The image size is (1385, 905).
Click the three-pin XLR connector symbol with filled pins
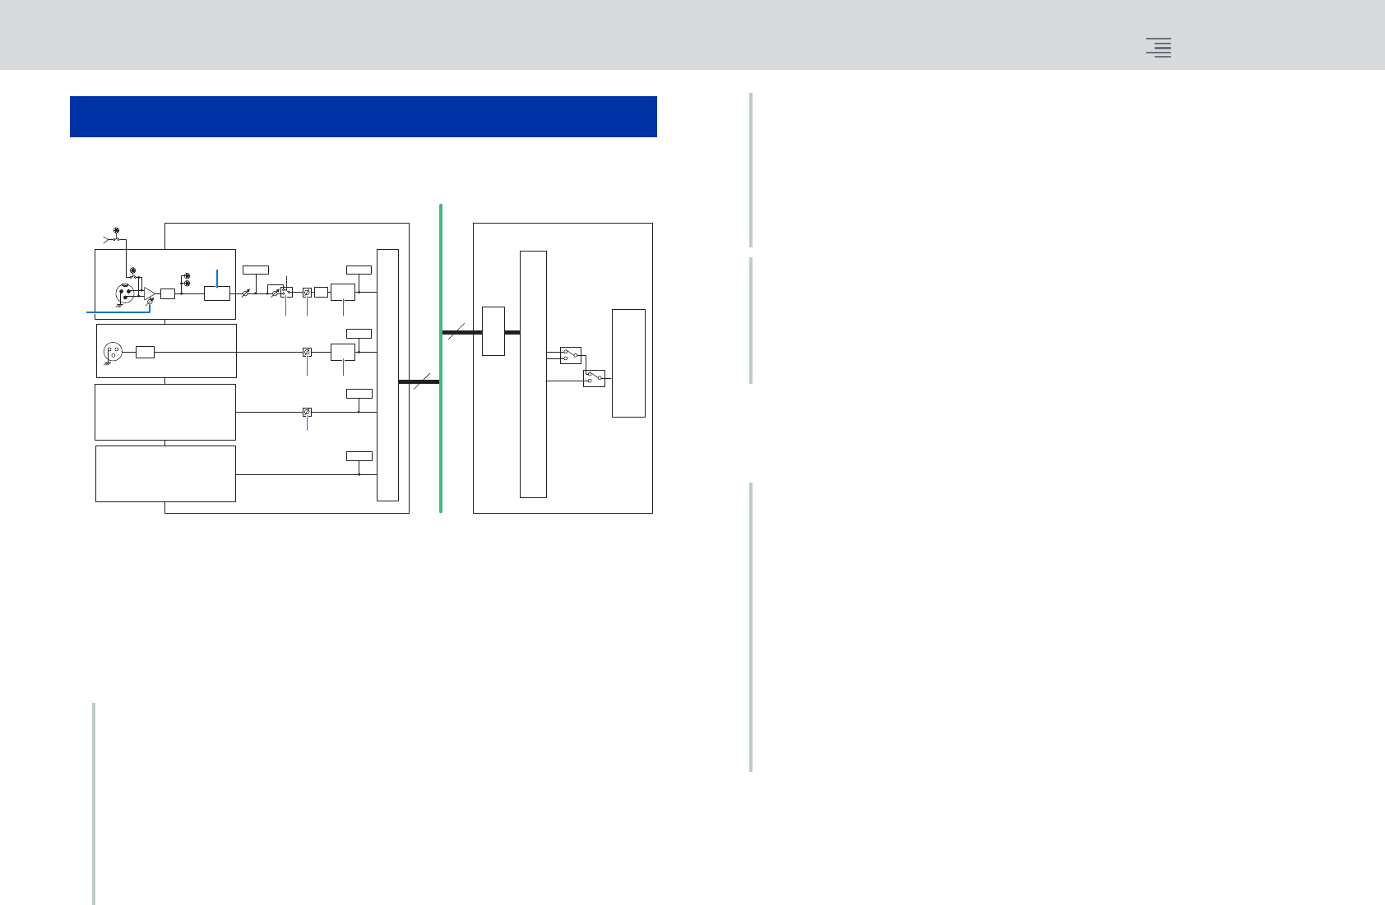click(x=125, y=293)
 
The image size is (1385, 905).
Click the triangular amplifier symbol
click(x=149, y=293)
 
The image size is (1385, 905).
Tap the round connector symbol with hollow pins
click(x=113, y=353)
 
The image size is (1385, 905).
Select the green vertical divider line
click(x=441, y=358)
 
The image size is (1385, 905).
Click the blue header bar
click(x=363, y=117)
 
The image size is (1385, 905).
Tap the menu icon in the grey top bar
click(x=1159, y=48)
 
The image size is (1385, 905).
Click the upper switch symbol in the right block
click(x=570, y=355)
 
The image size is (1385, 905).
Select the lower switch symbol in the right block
click(x=594, y=378)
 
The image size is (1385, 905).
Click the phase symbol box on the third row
click(x=307, y=412)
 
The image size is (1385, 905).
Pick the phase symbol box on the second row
click(x=307, y=352)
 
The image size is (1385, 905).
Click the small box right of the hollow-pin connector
click(x=145, y=353)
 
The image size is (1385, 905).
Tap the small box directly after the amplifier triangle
click(x=168, y=293)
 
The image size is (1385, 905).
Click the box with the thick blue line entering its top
click(x=217, y=293)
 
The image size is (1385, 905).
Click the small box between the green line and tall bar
click(x=493, y=331)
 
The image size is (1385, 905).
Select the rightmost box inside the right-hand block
click(x=628, y=363)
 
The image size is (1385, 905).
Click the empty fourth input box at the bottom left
click(x=165, y=473)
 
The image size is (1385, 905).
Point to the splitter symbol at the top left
click(x=111, y=239)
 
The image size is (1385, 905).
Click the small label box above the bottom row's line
click(x=359, y=456)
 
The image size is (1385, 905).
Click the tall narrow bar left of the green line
click(x=387, y=375)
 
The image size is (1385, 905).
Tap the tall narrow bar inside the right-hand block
click(x=533, y=374)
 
